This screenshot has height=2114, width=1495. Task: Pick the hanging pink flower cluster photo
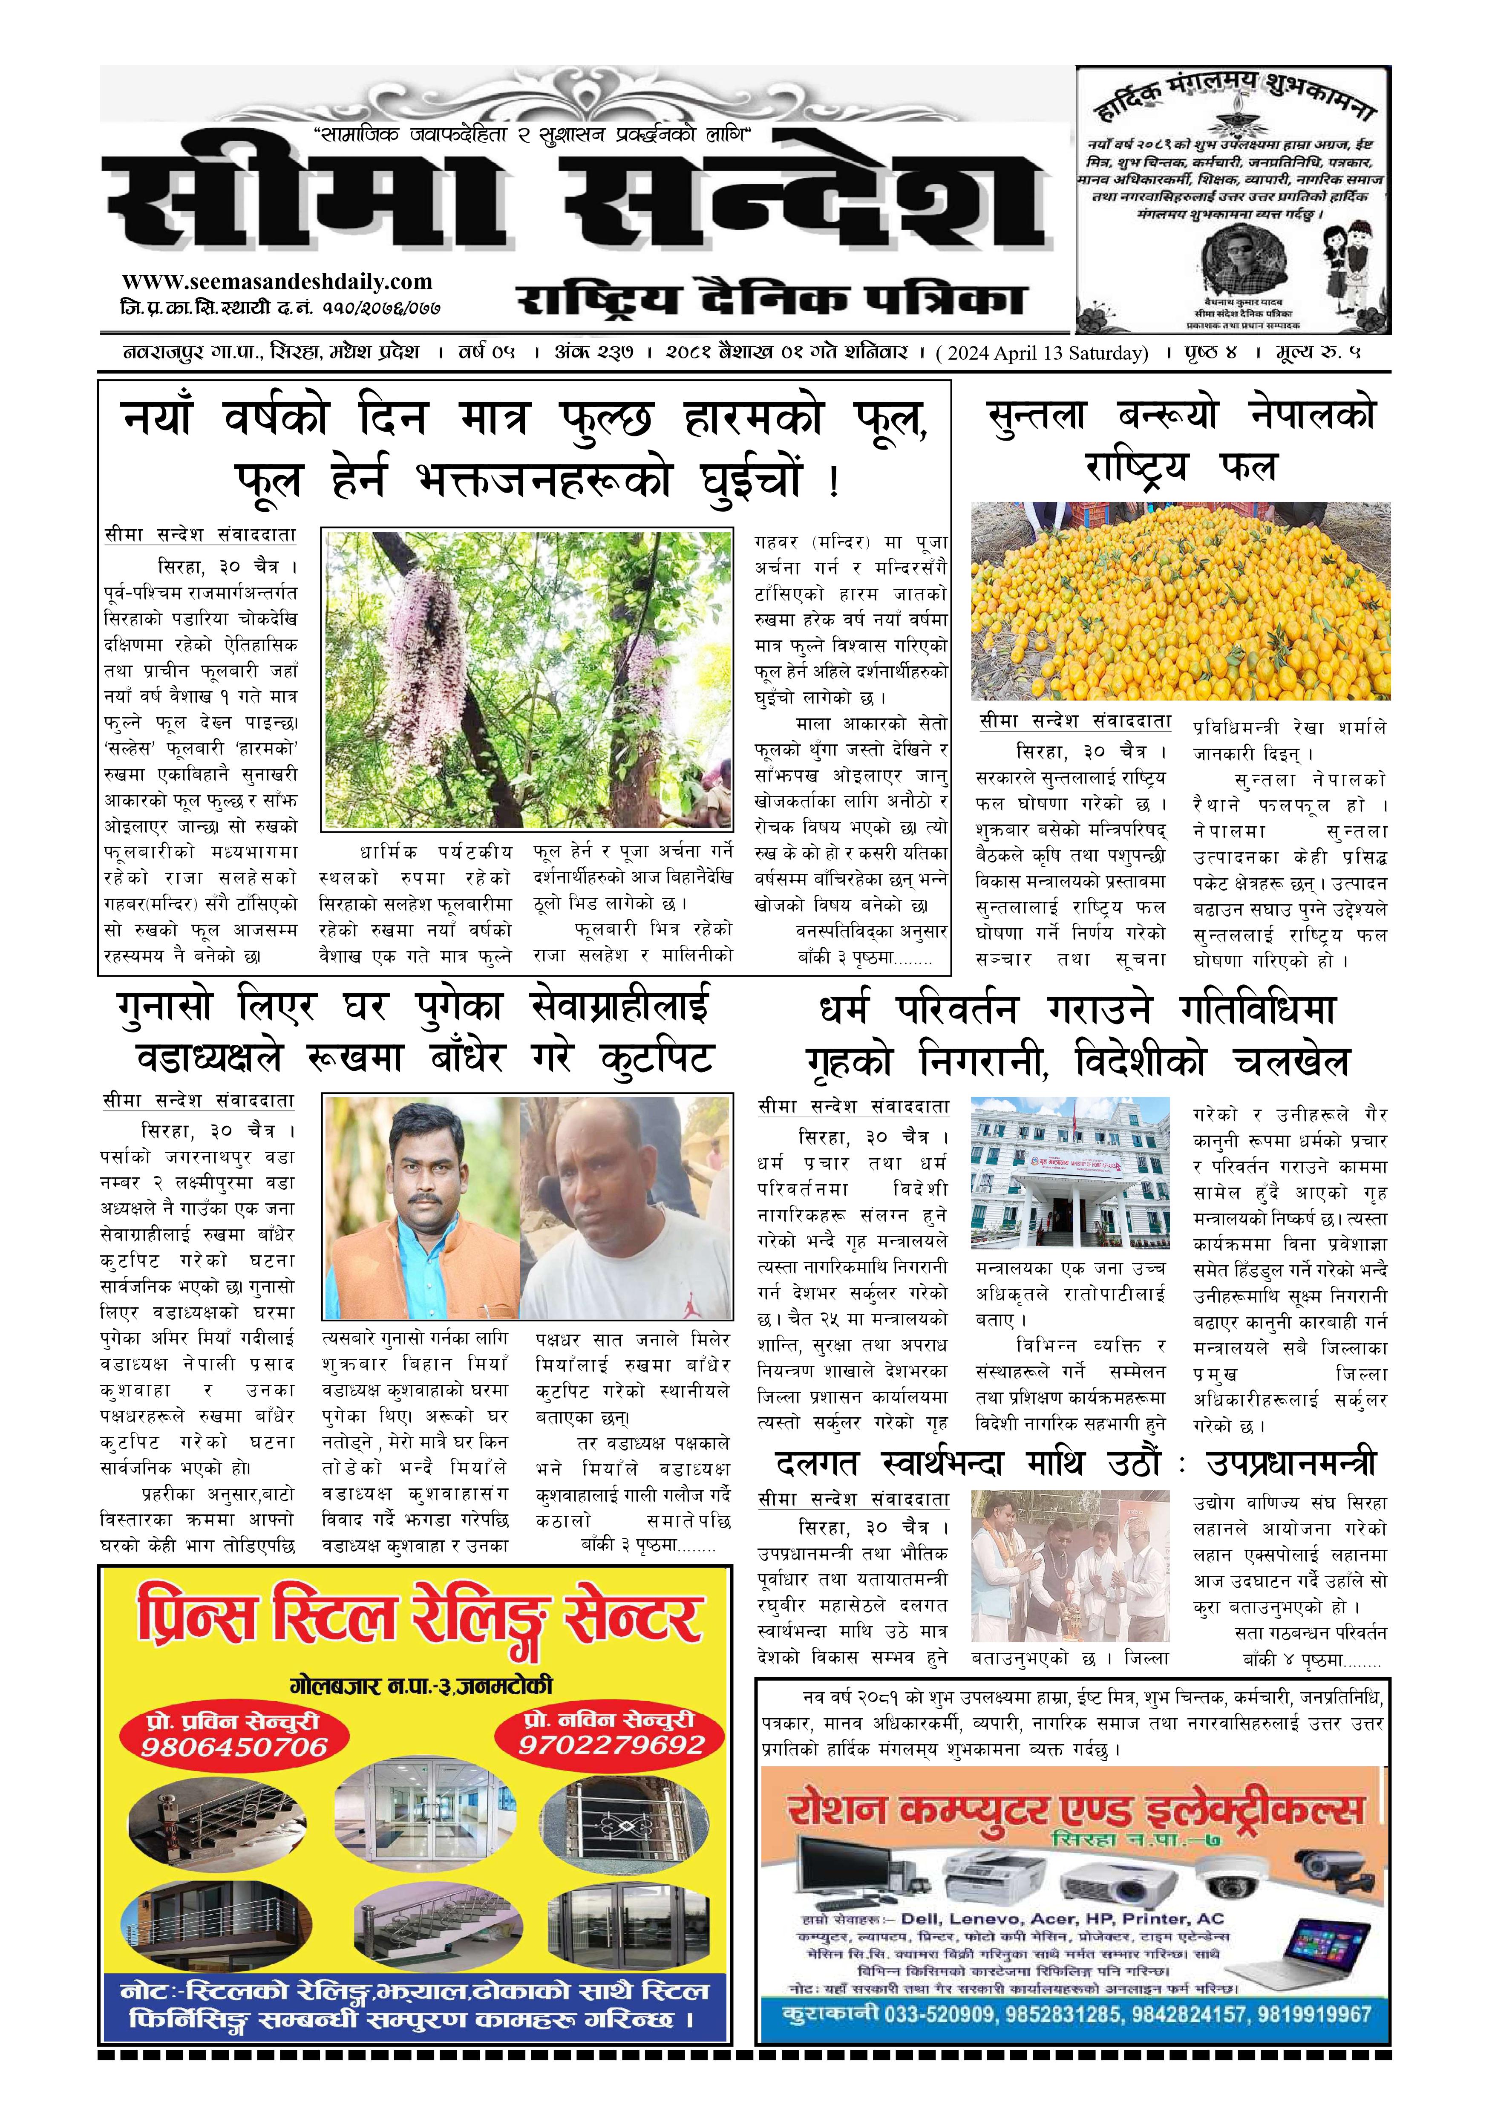click(x=527, y=678)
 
